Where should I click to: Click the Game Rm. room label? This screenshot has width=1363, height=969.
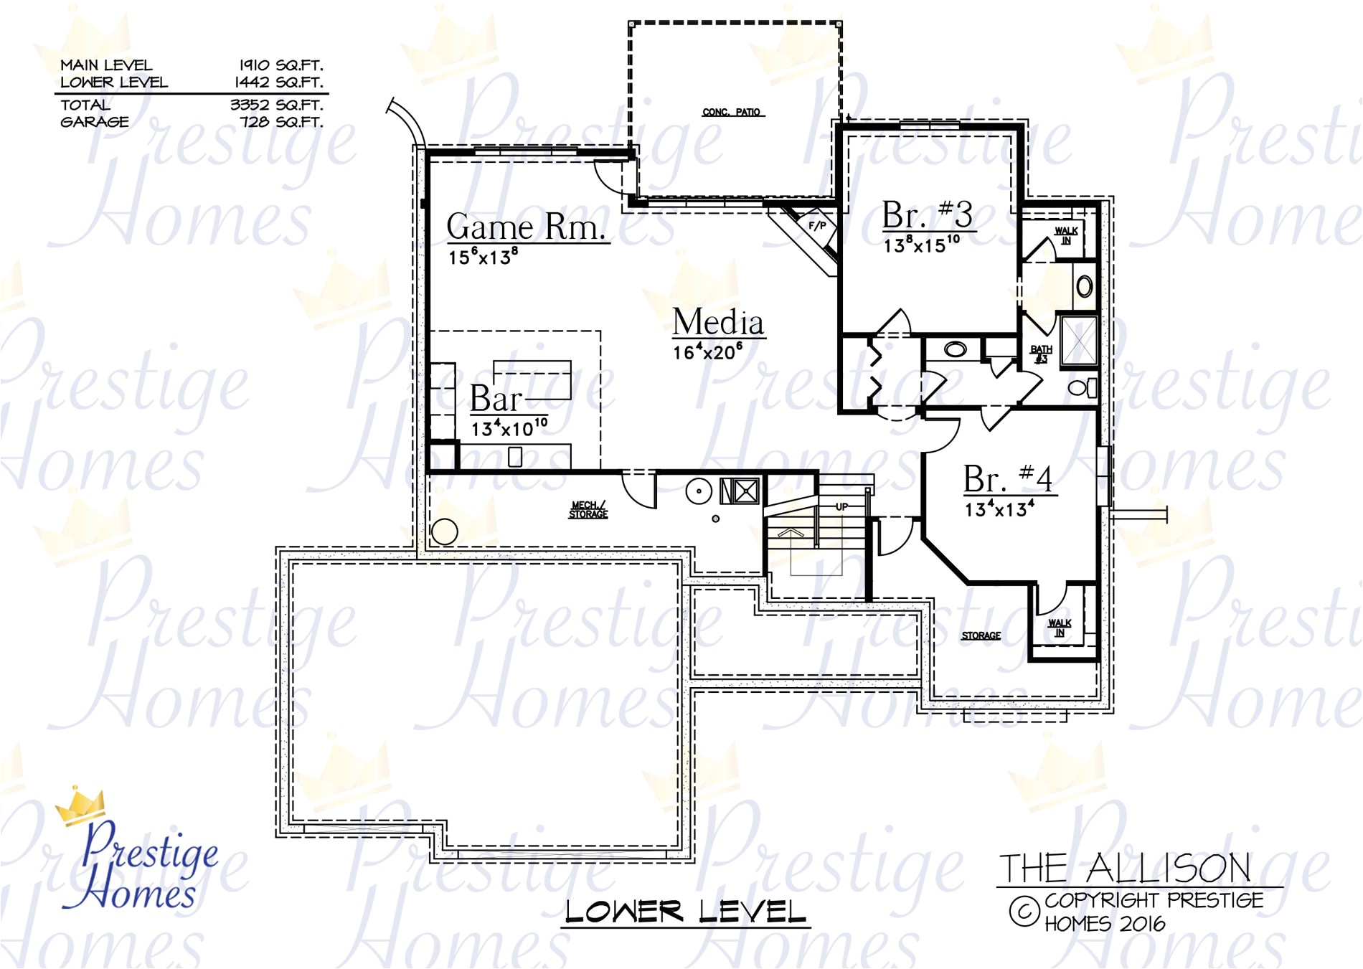point(526,227)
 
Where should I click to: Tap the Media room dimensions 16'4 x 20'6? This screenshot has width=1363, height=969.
point(707,352)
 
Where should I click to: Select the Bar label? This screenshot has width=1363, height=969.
point(495,399)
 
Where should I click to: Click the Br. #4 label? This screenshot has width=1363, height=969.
point(1007,479)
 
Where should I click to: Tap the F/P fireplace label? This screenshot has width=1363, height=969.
point(817,225)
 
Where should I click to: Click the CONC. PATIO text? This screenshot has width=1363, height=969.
point(731,113)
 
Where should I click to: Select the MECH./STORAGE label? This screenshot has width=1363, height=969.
point(588,510)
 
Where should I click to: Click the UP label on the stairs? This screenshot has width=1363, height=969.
point(841,506)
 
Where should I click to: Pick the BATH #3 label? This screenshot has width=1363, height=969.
point(1041,354)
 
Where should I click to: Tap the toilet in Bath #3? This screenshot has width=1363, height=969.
point(1081,389)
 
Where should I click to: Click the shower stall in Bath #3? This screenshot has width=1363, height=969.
point(1079,339)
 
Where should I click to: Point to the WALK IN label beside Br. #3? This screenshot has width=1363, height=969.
point(1066,235)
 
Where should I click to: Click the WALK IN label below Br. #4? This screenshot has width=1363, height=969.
point(1060,628)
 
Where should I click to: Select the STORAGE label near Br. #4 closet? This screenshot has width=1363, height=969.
point(981,636)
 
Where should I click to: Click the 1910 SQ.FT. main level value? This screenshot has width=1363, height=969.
point(280,65)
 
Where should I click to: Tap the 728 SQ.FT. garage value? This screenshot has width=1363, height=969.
point(281,122)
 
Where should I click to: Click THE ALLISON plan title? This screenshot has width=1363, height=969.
point(1124,869)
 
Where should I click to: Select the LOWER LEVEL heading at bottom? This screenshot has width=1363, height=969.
point(685,912)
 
